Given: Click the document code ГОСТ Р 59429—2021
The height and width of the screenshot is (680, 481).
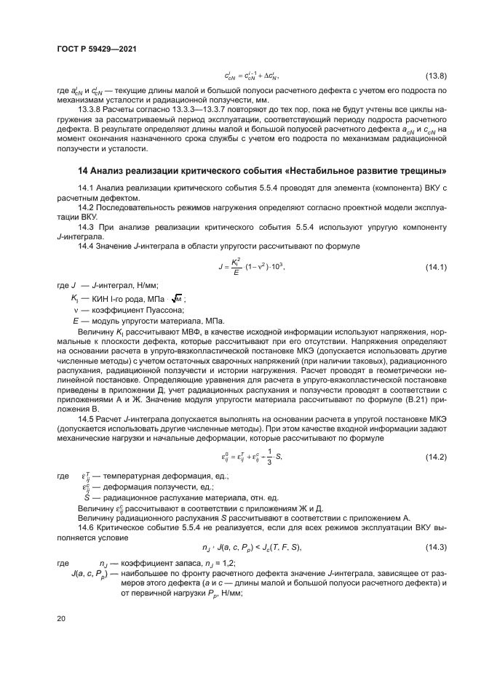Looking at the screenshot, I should click(96, 49).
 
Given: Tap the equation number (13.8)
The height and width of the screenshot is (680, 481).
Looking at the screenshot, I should click(435, 75).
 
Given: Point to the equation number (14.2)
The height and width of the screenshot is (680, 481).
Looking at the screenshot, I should click(435, 455).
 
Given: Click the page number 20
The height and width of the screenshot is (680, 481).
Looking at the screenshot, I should click(61, 618).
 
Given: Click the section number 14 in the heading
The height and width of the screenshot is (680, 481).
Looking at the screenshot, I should click(83, 170).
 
